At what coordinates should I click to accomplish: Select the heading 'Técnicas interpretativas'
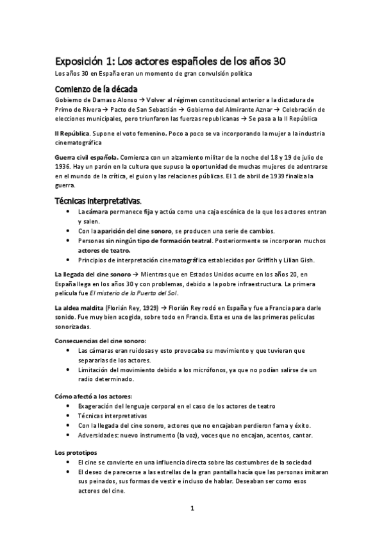point(97,201)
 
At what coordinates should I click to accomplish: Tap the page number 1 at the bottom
point(192,509)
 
